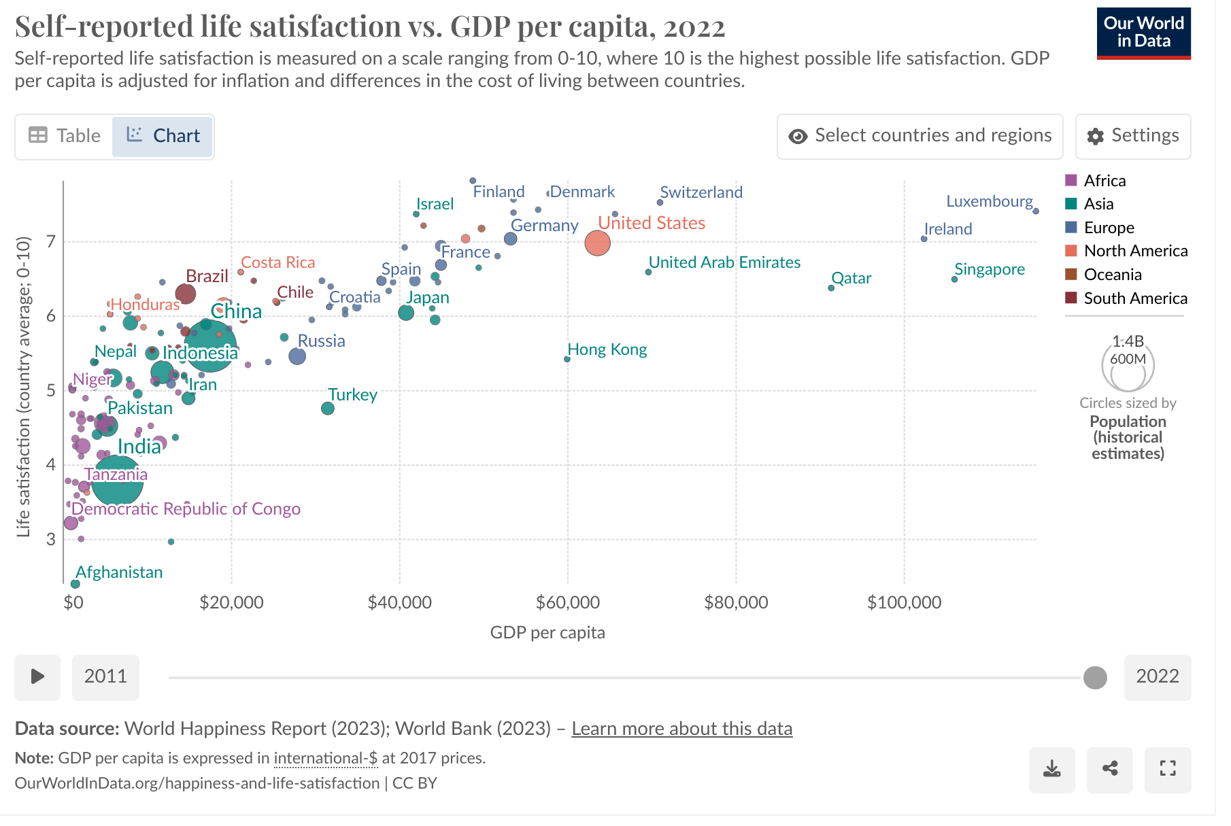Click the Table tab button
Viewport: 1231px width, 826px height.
pos(65,136)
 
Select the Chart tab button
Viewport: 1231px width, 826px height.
pos(163,136)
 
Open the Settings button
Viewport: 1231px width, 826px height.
pos(1133,136)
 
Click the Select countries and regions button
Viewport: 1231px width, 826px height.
pos(920,136)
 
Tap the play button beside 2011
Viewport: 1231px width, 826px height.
pos(37,677)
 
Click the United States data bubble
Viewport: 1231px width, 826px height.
pos(597,243)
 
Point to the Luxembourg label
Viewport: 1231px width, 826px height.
pos(989,201)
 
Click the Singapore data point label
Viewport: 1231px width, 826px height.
pos(990,269)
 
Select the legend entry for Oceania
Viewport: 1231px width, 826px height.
pos(1112,275)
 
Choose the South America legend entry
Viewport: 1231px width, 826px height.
pos(1134,298)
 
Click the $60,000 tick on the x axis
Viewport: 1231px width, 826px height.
pos(568,602)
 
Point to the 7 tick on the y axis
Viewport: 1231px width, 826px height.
pos(51,241)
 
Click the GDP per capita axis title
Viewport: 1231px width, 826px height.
pos(547,632)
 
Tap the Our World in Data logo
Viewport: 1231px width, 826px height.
pos(1143,33)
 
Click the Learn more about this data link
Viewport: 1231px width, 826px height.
pos(681,729)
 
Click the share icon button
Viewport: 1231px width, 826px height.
pos(1110,769)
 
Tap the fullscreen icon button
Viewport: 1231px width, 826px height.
pos(1168,769)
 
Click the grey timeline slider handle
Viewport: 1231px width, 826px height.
pos(1095,677)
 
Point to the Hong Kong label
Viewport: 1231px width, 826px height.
pos(607,349)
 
